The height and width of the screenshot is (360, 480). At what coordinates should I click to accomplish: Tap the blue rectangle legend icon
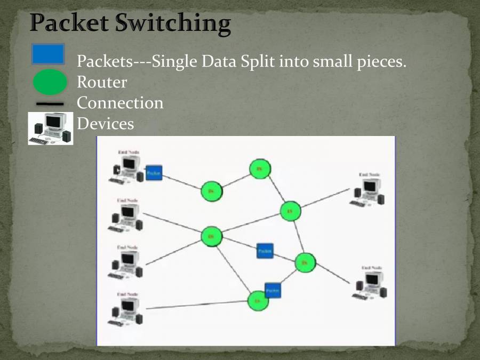click(48, 54)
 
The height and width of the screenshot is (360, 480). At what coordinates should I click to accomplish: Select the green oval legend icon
click(50, 83)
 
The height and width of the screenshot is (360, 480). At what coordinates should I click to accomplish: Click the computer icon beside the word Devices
click(51, 128)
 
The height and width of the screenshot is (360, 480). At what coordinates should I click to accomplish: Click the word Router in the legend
click(102, 83)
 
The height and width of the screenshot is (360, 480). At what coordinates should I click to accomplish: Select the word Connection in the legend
click(120, 103)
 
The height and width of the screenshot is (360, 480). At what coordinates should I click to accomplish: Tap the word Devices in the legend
click(105, 124)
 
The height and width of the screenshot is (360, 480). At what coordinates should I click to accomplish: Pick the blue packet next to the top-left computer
click(154, 173)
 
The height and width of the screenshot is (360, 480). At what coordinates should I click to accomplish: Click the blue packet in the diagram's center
click(265, 250)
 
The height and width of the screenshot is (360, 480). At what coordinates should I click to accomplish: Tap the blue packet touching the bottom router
click(273, 290)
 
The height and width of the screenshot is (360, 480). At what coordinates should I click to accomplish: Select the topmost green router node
click(260, 169)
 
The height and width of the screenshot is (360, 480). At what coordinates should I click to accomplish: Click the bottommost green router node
click(258, 301)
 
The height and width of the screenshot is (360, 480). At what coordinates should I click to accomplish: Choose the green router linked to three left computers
click(211, 236)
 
